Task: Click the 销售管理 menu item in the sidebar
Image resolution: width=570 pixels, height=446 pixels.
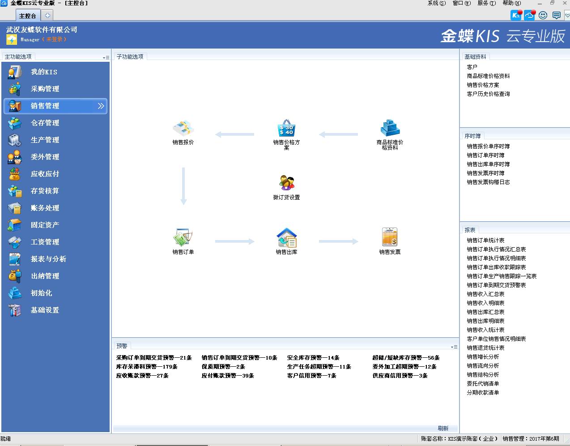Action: point(55,106)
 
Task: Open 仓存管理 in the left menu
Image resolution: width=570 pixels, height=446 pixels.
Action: point(45,123)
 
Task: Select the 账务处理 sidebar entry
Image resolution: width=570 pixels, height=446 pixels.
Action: point(45,208)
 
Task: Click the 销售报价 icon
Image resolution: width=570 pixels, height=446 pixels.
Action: point(183,128)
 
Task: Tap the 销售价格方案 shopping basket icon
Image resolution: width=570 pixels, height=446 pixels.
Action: point(286,128)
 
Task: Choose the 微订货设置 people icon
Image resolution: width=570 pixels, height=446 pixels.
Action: point(286,182)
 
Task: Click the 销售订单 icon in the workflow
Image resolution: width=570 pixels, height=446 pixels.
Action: point(183,237)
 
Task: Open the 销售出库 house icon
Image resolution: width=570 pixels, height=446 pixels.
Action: point(286,237)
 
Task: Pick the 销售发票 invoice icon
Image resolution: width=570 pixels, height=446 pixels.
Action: point(390,237)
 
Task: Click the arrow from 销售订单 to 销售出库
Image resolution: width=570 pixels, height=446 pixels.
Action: point(234,241)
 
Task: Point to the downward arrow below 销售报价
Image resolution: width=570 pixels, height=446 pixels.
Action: point(183,186)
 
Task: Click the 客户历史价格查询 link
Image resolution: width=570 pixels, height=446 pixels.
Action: point(488,94)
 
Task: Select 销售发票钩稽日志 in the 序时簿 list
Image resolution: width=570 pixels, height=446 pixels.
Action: point(488,182)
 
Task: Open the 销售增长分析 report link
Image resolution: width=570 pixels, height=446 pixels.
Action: point(483,356)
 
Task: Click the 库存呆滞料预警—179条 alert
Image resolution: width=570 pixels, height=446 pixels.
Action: point(147,366)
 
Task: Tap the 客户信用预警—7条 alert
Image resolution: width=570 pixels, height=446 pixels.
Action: point(312,375)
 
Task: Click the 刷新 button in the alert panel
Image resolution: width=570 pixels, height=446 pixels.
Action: point(443,428)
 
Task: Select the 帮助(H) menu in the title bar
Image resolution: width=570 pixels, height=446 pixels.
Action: point(511,3)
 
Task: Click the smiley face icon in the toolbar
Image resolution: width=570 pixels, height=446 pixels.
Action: point(543,15)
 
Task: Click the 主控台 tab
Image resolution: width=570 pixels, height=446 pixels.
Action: point(28,16)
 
